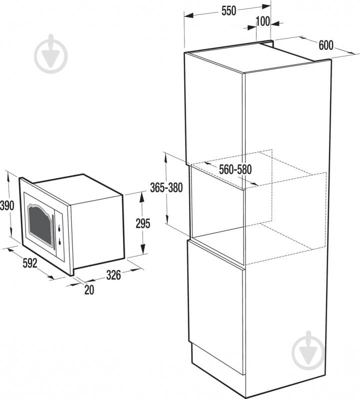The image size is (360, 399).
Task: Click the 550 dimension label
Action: click(x=229, y=10)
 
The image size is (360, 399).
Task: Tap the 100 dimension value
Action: click(x=263, y=21)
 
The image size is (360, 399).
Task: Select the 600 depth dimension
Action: click(x=326, y=45)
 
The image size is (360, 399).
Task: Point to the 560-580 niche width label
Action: click(x=235, y=169)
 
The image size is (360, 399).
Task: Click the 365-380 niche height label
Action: click(x=166, y=188)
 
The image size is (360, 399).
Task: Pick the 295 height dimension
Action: click(x=143, y=224)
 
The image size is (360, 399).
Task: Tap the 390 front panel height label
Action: click(x=7, y=206)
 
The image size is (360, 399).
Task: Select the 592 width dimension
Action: click(x=30, y=263)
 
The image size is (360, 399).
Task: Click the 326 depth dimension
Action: click(x=113, y=275)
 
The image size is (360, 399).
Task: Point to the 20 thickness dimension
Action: click(x=89, y=290)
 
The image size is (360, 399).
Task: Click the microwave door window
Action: click(x=40, y=223)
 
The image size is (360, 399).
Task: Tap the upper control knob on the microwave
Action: click(x=59, y=229)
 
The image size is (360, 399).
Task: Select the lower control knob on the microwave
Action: click(x=60, y=242)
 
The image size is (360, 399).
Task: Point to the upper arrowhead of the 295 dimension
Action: click(x=142, y=197)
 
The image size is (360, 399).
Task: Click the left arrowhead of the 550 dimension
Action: click(x=189, y=16)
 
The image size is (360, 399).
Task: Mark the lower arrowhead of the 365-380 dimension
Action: click(x=167, y=219)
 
